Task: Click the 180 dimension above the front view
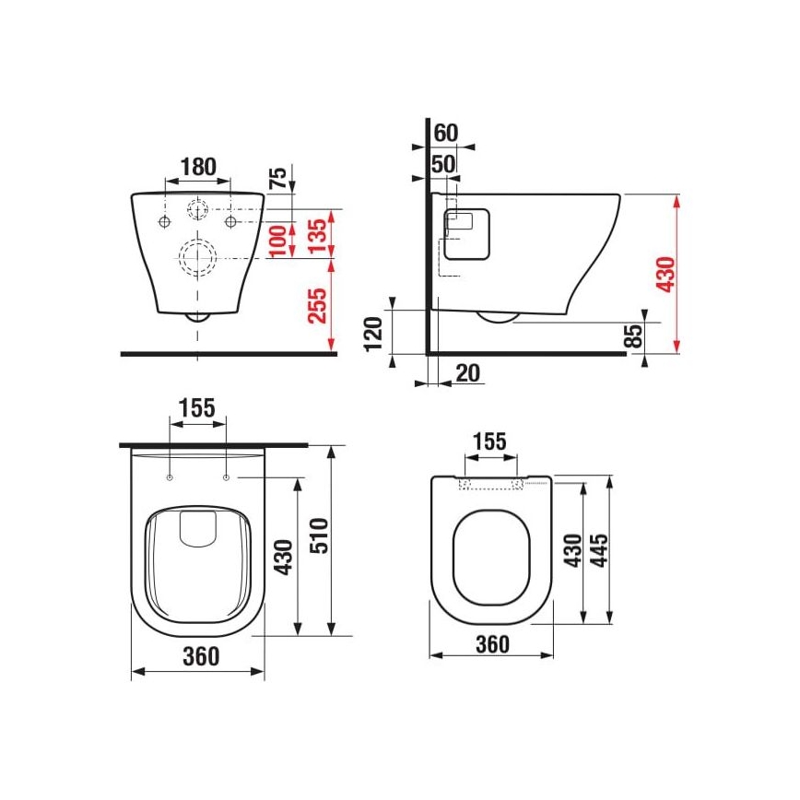click(x=197, y=167)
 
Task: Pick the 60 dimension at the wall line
click(x=446, y=132)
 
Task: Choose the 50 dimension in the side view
click(x=444, y=163)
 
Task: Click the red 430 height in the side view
click(x=665, y=274)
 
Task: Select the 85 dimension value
click(x=633, y=336)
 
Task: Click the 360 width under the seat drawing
click(x=491, y=644)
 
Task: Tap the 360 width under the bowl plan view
click(x=200, y=656)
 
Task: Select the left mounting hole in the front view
click(x=163, y=222)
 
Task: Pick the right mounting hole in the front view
click(x=231, y=222)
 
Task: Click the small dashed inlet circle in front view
click(x=197, y=209)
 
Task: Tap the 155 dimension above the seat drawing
click(x=489, y=441)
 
